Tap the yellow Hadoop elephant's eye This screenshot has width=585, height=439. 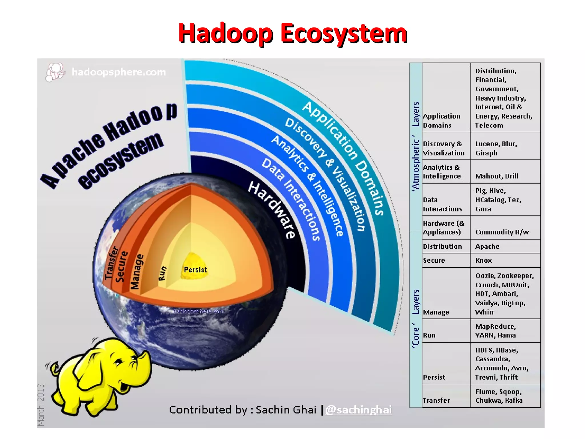pyautogui.click(x=118, y=362)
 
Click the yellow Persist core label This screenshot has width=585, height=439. pyautogui.click(x=195, y=270)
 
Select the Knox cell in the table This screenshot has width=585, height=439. pyautogui.click(x=483, y=260)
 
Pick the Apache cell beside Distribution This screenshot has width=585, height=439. pyautogui.click(x=487, y=246)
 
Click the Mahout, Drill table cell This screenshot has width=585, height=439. pyautogui.click(x=497, y=176)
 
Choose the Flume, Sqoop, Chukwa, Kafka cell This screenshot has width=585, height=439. pyautogui.click(x=499, y=396)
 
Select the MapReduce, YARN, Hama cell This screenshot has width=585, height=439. pyautogui.click(x=496, y=331)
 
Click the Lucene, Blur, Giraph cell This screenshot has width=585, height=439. pyautogui.click(x=496, y=148)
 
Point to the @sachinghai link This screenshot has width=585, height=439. pyautogui.click(x=358, y=410)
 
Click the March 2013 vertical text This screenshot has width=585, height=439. pyautogui.click(x=41, y=404)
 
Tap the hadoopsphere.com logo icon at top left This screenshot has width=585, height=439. pyautogui.click(x=55, y=72)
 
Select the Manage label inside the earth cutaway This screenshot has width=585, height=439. pyautogui.click(x=137, y=272)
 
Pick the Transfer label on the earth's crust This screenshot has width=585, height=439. pyautogui.click(x=111, y=263)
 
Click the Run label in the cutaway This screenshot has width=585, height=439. pyautogui.click(x=162, y=273)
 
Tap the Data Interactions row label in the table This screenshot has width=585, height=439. pyautogui.click(x=442, y=204)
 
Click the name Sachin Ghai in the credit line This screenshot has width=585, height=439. pyautogui.click(x=286, y=410)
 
